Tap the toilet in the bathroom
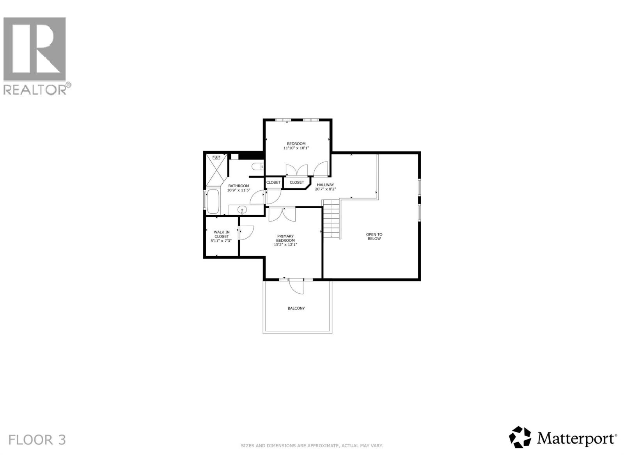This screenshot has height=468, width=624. (x=257, y=167)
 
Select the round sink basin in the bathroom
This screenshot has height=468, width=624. (x=243, y=210)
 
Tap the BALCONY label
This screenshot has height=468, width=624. (x=296, y=308)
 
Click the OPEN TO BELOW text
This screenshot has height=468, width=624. (x=374, y=236)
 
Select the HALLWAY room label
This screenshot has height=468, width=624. (x=325, y=185)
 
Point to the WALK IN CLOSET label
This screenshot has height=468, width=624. (x=222, y=234)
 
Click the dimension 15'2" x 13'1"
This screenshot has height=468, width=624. (x=285, y=245)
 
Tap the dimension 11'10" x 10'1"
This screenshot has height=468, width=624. (x=296, y=148)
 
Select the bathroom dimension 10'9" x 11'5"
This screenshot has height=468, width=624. (x=238, y=190)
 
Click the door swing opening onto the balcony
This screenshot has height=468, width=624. (x=296, y=287)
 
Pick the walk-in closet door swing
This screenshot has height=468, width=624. (x=246, y=233)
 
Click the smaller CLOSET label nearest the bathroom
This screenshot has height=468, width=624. (x=273, y=183)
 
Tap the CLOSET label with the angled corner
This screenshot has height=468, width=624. (x=297, y=183)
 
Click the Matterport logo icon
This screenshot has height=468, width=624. (x=520, y=437)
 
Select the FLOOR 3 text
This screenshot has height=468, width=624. (x=37, y=440)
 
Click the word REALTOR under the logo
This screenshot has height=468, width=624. (x=35, y=90)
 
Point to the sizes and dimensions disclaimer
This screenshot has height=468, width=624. (x=312, y=445)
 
